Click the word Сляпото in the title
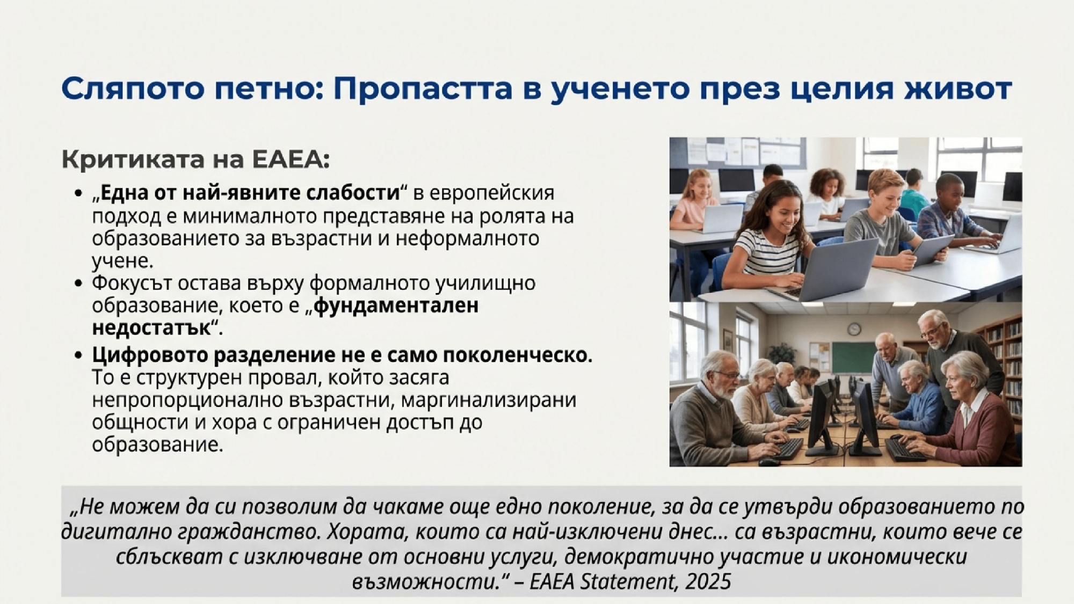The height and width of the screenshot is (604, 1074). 133,89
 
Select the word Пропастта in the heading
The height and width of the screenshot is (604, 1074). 423,89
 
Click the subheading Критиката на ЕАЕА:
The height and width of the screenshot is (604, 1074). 195,159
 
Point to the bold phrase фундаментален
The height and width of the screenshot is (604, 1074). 396,305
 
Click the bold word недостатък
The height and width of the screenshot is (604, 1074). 152,328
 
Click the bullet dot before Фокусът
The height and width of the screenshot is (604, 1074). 79,283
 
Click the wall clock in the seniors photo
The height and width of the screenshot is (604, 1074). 854,329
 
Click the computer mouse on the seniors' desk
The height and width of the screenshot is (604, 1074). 768,461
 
